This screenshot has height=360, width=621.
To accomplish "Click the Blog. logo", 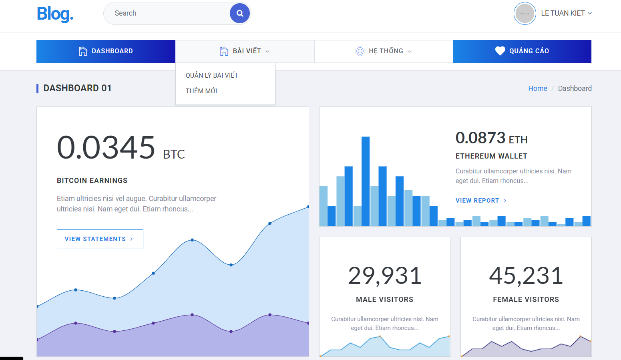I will (x=55, y=14).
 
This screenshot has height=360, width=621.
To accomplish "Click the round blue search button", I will (x=240, y=13).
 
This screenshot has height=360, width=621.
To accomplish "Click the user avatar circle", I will (x=525, y=14).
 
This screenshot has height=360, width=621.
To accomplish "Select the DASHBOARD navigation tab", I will (x=106, y=51).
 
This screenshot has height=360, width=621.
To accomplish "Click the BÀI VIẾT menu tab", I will (x=245, y=51).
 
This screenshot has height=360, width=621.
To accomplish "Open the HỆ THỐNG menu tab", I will (x=383, y=51).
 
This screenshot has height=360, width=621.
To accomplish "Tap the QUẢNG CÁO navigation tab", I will (x=522, y=51).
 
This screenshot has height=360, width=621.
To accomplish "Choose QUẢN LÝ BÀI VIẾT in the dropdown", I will (x=212, y=75).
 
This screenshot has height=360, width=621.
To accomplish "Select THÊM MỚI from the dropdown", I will (x=201, y=91).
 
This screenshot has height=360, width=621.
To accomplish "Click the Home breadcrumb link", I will (x=537, y=88).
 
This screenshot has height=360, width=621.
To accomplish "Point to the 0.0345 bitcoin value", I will (x=106, y=147).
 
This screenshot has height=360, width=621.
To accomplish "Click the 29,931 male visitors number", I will (x=385, y=276).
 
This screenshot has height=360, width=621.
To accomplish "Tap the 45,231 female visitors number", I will (x=526, y=276).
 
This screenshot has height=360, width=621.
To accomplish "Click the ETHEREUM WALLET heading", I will (x=491, y=156).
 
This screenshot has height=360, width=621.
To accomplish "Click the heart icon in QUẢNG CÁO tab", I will (x=500, y=51).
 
